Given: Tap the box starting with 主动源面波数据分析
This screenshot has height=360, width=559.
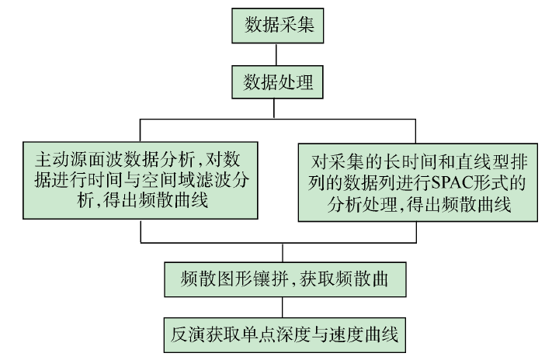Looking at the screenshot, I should [x=140, y=178].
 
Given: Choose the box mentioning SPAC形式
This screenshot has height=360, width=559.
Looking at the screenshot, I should [x=419, y=178].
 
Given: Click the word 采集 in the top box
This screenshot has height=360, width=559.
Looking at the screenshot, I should [x=297, y=26].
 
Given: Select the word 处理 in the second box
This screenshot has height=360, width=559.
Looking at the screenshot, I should [x=297, y=81].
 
